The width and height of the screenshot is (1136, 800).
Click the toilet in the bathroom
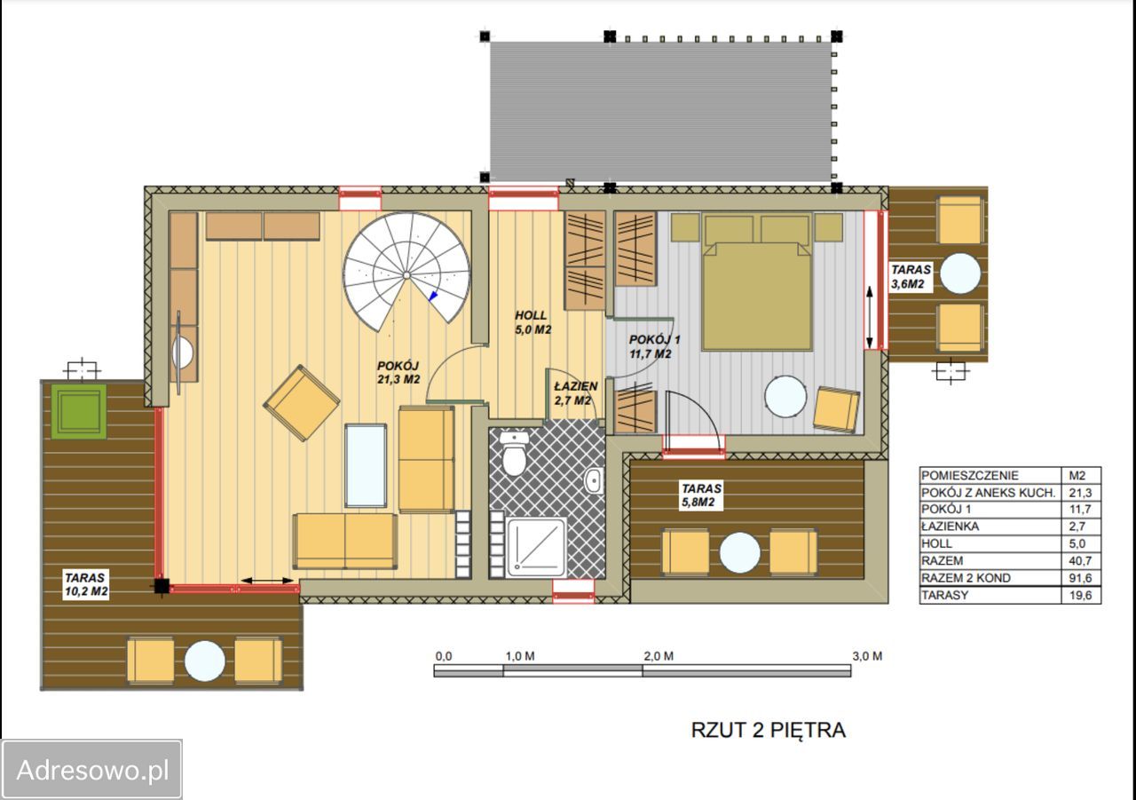514,453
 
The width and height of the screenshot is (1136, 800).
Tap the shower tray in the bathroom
535,546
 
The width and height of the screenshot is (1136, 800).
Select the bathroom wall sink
594,479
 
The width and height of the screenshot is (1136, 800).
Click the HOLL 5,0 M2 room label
532,322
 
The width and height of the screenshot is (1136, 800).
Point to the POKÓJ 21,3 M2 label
398,372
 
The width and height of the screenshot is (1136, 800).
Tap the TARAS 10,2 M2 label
86,584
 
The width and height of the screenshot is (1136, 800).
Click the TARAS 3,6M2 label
911,276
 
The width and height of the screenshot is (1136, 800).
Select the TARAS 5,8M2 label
701,495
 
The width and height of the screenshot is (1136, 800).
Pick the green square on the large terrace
79,411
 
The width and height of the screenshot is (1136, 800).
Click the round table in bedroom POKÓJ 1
785,396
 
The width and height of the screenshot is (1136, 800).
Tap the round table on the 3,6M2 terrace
959,273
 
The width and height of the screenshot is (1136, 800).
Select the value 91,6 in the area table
1080,578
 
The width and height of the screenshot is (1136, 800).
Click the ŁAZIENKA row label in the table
950,526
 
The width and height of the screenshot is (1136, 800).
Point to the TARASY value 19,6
1080,595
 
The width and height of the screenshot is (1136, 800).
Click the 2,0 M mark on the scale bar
659,656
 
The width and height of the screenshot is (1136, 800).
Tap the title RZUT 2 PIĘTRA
769,730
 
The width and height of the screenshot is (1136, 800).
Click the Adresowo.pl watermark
91,770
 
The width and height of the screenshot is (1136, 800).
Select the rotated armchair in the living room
301,403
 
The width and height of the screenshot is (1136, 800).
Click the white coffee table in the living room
365,465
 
